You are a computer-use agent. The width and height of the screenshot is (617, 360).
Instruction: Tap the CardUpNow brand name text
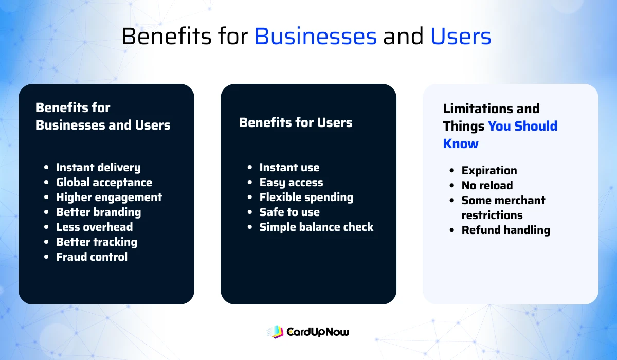[x=317, y=332]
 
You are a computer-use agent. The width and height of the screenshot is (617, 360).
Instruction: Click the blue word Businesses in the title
[x=316, y=37]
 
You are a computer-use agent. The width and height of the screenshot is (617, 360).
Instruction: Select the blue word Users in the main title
[x=461, y=37]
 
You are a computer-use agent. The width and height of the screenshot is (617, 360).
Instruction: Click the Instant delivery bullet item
[x=98, y=168]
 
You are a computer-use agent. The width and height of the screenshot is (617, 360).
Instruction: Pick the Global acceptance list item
[x=104, y=183]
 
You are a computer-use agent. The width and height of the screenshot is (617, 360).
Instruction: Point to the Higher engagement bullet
[x=108, y=197]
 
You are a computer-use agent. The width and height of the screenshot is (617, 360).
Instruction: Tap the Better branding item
[x=98, y=212]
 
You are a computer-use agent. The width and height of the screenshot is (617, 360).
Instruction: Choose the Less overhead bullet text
[x=94, y=227]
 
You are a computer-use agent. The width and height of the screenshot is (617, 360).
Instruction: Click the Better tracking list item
[x=96, y=242]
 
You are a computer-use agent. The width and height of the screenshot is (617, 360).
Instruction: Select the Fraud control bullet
[x=92, y=257]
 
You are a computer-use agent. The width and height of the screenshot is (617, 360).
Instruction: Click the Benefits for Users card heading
[x=296, y=123]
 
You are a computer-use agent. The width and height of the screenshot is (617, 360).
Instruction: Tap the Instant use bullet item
[x=289, y=168]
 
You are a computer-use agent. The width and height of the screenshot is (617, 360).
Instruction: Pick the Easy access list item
[x=291, y=183]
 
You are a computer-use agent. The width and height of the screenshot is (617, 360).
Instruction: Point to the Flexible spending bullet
[x=306, y=197]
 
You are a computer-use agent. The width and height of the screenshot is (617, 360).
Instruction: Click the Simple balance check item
[x=316, y=227]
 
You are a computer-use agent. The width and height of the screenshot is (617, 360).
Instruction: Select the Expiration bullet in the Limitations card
[x=489, y=171]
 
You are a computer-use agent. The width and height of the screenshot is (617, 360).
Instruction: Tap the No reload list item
[x=487, y=186]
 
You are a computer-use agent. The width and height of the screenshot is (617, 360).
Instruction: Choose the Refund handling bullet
[x=505, y=230]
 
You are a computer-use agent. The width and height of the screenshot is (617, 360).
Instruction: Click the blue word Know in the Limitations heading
[x=461, y=143]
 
